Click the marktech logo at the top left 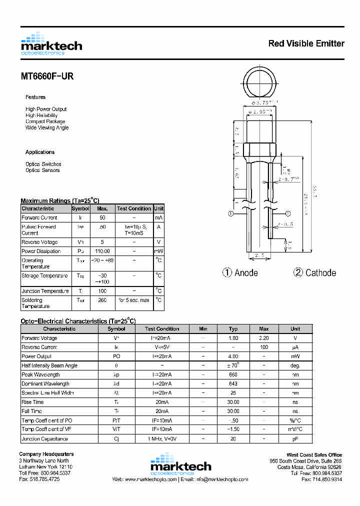(x=51, y=44)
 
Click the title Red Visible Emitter (x=306, y=43)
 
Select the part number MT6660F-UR (x=47, y=77)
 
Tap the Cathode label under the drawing (x=314, y=272)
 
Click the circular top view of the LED (x=259, y=83)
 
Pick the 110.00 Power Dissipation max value (x=102, y=251)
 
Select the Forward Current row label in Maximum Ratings (x=39, y=217)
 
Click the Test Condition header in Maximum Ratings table (x=133, y=208)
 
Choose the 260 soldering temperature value (x=102, y=300)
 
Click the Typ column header (x=233, y=328)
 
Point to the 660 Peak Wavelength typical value (x=233, y=374)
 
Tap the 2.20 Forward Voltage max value (x=264, y=338)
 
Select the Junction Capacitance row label (x=45, y=438)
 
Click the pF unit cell (x=295, y=438)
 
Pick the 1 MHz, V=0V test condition (x=161, y=438)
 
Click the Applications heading (x=40, y=152)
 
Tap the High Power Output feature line (x=46, y=109)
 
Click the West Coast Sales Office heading (x=314, y=454)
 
